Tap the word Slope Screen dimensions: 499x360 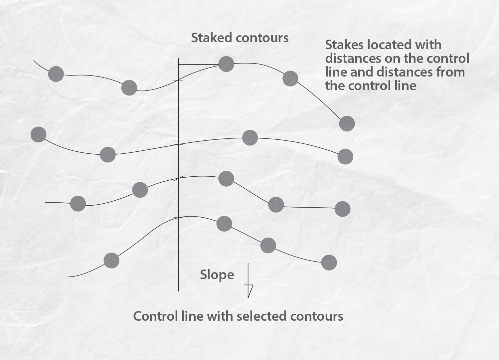click(x=217, y=275)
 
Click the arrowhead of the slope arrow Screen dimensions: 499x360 click(x=249, y=290)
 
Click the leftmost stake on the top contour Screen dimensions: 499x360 click(x=56, y=74)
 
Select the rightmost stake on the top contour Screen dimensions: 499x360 click(x=347, y=124)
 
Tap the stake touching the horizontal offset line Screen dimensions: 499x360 click(x=226, y=64)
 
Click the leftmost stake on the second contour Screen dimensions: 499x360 click(x=38, y=134)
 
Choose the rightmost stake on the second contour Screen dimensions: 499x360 click(x=345, y=156)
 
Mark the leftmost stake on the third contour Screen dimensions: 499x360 click(x=78, y=204)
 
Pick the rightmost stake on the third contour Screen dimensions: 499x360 click(x=342, y=209)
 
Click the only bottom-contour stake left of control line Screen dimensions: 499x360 click(x=111, y=261)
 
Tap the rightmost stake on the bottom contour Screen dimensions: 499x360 click(x=329, y=263)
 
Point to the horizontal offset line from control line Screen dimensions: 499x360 click(x=199, y=64)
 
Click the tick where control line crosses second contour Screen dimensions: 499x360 click(x=178, y=144)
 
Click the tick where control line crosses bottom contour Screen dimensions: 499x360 click(x=178, y=218)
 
